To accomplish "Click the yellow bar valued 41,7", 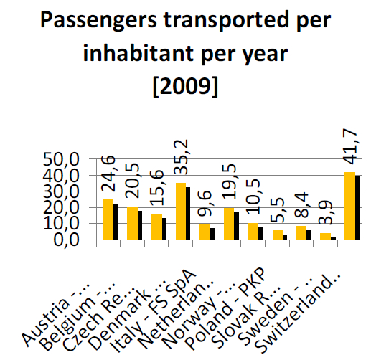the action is [x=349, y=206].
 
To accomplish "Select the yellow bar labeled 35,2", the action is [x=181, y=211].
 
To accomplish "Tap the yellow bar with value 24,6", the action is [x=108, y=219].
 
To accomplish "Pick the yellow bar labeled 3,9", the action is [x=325, y=236].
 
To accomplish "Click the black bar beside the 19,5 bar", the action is [x=236, y=226].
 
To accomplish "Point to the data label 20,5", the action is [x=132, y=181].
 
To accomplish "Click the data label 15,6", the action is [x=156, y=188].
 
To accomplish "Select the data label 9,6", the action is [x=205, y=204].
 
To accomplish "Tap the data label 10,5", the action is [x=253, y=196].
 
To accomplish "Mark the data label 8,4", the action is [x=301, y=205].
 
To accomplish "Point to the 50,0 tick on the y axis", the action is [x=61, y=159].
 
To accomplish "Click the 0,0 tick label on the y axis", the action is [x=66, y=240].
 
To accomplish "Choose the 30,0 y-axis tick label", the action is [x=61, y=191].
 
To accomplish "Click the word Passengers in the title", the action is [x=98, y=21].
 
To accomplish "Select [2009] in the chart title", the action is [x=185, y=86].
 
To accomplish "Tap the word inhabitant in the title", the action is [x=138, y=53].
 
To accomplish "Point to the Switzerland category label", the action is [x=297, y=313].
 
